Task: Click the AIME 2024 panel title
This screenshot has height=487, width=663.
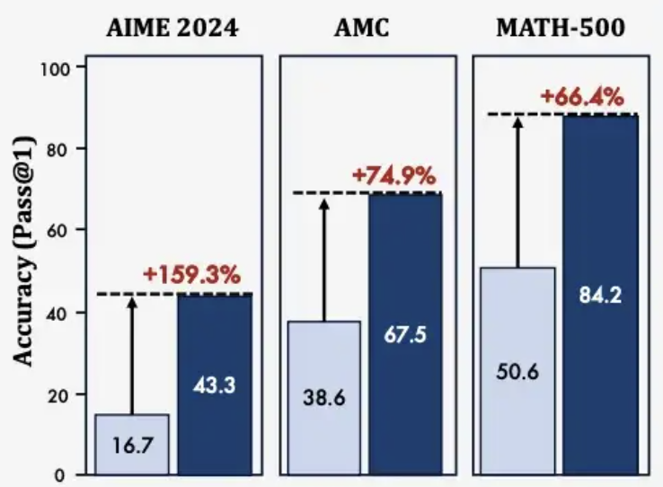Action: pos(173,28)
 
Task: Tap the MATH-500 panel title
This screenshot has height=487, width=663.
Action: pos(561,28)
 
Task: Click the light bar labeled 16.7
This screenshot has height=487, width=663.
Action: pos(131,444)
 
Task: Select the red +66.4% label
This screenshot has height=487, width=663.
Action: pos(581,96)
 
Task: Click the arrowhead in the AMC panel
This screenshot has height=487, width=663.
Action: pos(324,204)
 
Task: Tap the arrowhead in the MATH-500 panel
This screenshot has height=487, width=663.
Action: pos(517,124)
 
